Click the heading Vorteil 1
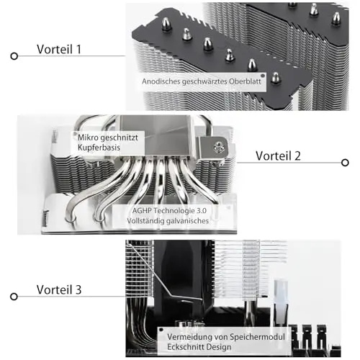coord(59,49)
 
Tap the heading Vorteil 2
coord(278,156)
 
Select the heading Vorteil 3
coord(59,289)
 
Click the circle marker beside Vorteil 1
coord(14,56)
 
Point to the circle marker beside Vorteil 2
coord(345,163)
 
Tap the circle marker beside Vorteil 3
coord(14,297)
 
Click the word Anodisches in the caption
coord(161,81)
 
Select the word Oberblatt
coord(245,81)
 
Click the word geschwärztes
coord(204,81)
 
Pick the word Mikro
coord(88,138)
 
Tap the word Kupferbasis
coord(99,147)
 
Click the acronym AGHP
coord(142,210)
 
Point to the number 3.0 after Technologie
coord(202,210)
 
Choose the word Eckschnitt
coord(185,347)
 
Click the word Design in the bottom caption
coord(218,347)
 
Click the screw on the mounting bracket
coord(219,146)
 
